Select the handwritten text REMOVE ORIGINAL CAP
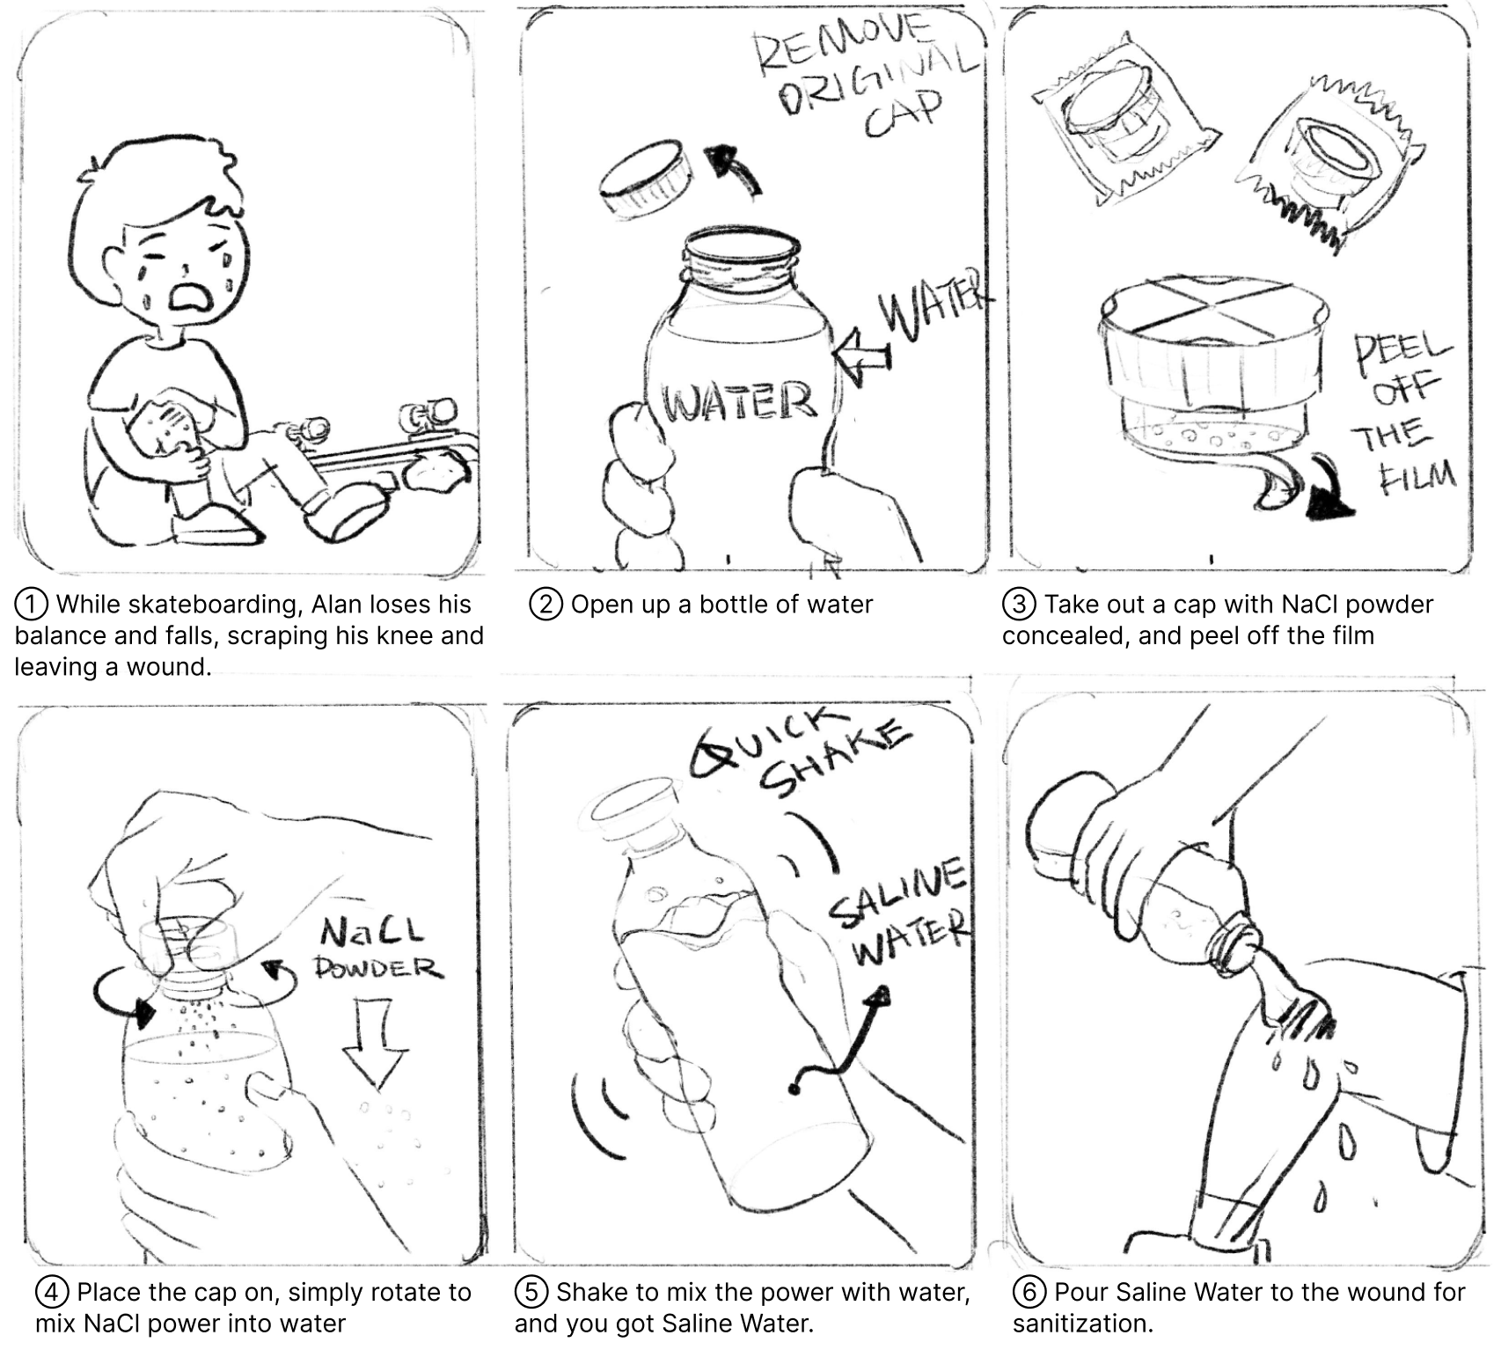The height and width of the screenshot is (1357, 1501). click(864, 77)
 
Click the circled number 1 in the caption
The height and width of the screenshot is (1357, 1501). click(32, 605)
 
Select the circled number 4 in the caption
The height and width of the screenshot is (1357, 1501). click(52, 1293)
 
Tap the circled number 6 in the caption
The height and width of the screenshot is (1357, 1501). click(1029, 1293)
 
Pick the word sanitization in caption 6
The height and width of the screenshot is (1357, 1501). click(1082, 1324)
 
